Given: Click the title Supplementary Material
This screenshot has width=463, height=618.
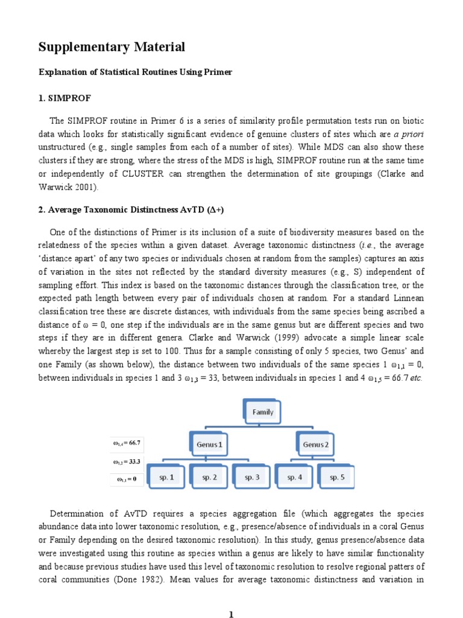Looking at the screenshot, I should tap(112, 47).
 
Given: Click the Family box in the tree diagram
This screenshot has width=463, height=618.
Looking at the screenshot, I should tap(262, 412).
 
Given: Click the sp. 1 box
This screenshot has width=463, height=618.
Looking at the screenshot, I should tap(167, 477).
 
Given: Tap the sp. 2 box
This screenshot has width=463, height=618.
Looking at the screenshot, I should tap(210, 477).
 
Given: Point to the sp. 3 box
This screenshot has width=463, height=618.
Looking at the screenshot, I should tap(253, 477).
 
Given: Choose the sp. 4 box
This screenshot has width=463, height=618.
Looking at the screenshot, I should tap(295, 477).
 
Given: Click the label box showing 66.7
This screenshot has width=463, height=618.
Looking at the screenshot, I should tap(127, 443).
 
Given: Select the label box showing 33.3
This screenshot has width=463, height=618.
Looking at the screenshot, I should tap(127, 462).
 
